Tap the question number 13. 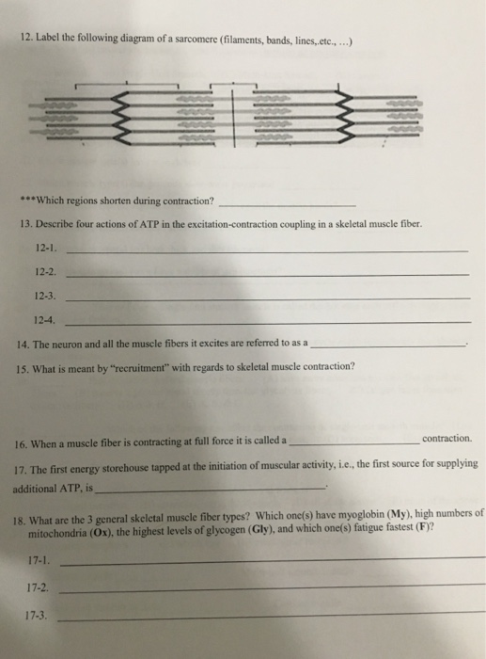pyautogui.click(x=26, y=226)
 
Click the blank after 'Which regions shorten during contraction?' pyautogui.click(x=287, y=203)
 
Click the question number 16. pyautogui.click(x=24, y=442)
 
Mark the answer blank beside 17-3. pyautogui.click(x=273, y=618)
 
